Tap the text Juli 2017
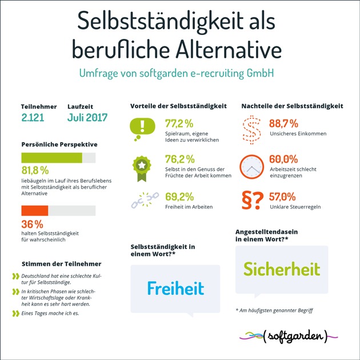(x=87, y=119)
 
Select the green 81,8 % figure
(x=35, y=170)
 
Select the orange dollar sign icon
(x=251, y=127)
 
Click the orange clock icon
(x=251, y=165)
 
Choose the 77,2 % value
(x=179, y=123)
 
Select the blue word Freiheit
(x=175, y=288)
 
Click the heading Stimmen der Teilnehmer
(x=61, y=263)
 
